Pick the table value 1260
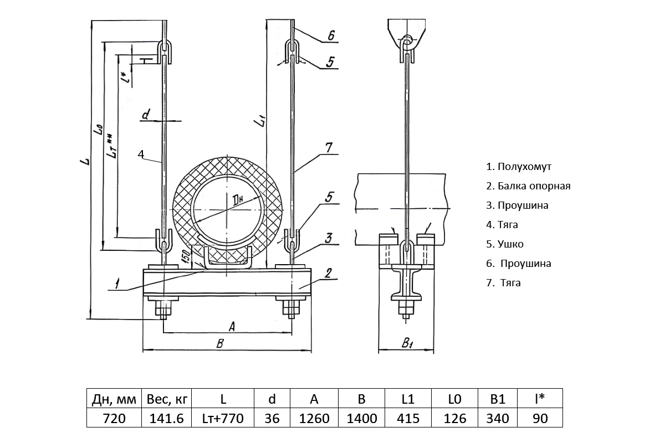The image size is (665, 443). click(x=314, y=418)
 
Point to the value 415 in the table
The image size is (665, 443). click(x=409, y=418)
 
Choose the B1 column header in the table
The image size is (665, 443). click(x=497, y=399)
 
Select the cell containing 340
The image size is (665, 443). click(x=497, y=418)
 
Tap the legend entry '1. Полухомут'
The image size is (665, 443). click(x=519, y=167)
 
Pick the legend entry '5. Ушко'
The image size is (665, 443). click(x=504, y=244)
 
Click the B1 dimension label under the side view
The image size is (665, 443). click(x=407, y=344)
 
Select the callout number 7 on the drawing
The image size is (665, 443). click(x=329, y=147)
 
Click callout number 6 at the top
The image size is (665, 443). click(x=331, y=35)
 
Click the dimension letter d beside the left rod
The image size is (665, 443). click(x=146, y=115)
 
